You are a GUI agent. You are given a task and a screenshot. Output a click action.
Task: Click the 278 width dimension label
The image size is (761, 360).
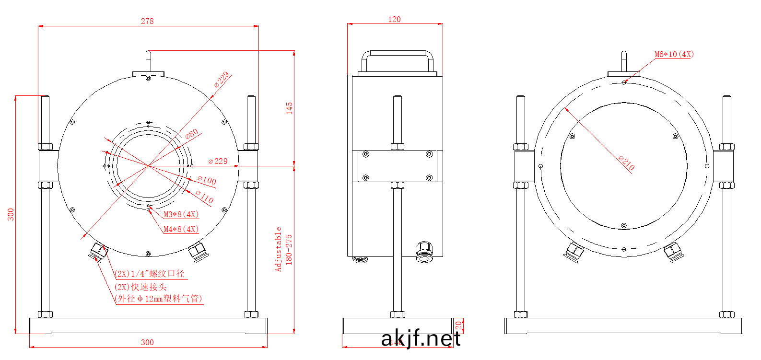[x=147, y=21]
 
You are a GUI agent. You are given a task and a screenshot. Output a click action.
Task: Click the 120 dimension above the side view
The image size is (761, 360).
[x=394, y=19]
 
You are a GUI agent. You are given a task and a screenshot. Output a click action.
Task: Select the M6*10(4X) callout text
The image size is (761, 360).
[x=674, y=54]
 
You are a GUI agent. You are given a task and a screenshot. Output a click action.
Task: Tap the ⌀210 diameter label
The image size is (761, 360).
[x=626, y=163]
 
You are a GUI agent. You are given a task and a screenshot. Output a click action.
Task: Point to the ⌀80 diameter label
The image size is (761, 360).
[x=191, y=134]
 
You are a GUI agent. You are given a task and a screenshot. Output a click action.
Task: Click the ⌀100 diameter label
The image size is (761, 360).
[x=207, y=180]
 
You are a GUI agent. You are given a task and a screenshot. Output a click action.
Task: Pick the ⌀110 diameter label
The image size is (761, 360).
[x=204, y=197]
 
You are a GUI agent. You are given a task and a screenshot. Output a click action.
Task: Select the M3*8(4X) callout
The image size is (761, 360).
[x=181, y=214]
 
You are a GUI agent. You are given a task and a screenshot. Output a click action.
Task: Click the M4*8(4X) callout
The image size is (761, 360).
[x=181, y=229]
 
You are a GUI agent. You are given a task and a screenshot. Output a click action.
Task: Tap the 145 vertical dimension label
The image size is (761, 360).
[x=289, y=107]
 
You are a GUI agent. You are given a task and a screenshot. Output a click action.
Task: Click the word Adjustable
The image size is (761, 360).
[x=278, y=249]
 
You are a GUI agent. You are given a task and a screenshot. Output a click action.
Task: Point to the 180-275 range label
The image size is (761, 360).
[x=289, y=249]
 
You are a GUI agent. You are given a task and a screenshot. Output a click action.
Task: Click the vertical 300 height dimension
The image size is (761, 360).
[x=11, y=214]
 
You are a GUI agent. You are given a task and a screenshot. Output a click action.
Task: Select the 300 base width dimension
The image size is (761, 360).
[x=147, y=342]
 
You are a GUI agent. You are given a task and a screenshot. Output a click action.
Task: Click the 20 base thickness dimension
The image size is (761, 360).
[x=458, y=325]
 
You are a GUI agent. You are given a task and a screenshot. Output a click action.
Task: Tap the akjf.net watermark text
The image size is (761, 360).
[x=421, y=339]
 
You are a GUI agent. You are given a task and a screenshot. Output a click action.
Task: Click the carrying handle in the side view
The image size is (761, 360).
[x=397, y=56]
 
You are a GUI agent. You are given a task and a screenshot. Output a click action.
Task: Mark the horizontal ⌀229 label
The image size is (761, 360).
[x=218, y=161]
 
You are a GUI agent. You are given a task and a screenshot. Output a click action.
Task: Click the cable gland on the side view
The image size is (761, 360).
[x=424, y=252]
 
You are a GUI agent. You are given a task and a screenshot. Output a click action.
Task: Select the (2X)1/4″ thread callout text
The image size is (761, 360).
[x=150, y=274]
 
